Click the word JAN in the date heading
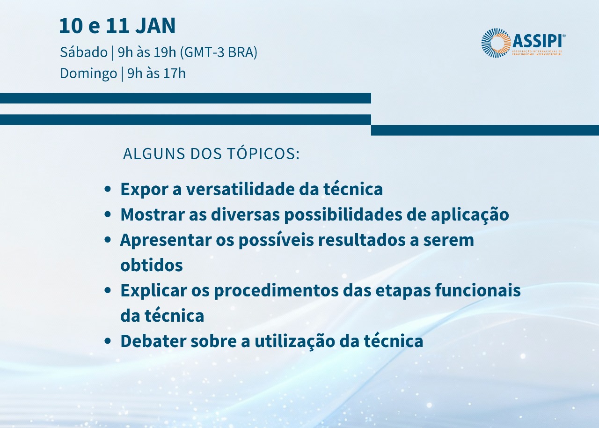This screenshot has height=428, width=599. click(x=155, y=26)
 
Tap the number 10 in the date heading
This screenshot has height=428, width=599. click(x=71, y=26)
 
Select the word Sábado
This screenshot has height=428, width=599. click(x=84, y=52)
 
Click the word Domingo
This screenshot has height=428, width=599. click(x=88, y=74)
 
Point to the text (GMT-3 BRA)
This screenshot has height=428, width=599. click(x=219, y=52)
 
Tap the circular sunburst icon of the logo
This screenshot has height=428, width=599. click(x=496, y=43)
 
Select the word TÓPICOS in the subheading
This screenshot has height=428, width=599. click(x=263, y=154)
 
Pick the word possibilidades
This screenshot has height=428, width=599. click(x=343, y=215)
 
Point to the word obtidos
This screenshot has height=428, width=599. click(x=152, y=265)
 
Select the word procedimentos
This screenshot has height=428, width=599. click(x=276, y=291)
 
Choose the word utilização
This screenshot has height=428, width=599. click(x=295, y=341)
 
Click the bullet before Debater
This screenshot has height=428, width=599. click(x=108, y=341)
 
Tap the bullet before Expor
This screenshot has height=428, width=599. click(x=108, y=189)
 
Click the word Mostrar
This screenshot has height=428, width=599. click(x=153, y=214)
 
